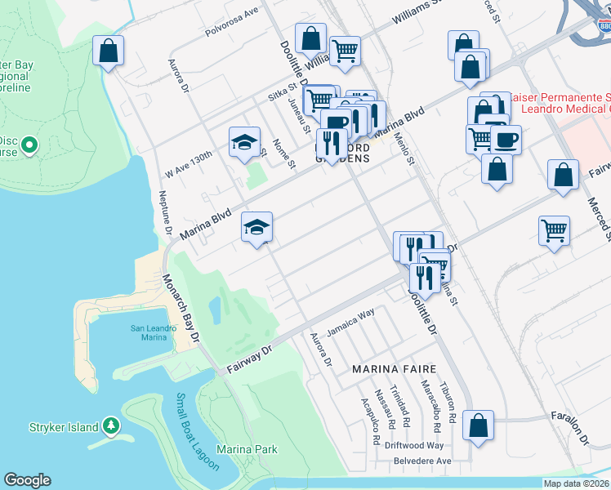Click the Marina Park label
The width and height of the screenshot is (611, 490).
point(247,449)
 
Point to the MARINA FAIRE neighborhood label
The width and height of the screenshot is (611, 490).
point(391,369)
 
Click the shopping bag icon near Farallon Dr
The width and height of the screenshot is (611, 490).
point(478,425)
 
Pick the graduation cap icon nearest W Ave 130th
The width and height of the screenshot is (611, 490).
point(244,142)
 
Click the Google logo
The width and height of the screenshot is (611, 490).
point(27,480)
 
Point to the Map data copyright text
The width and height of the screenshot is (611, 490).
point(576,483)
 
